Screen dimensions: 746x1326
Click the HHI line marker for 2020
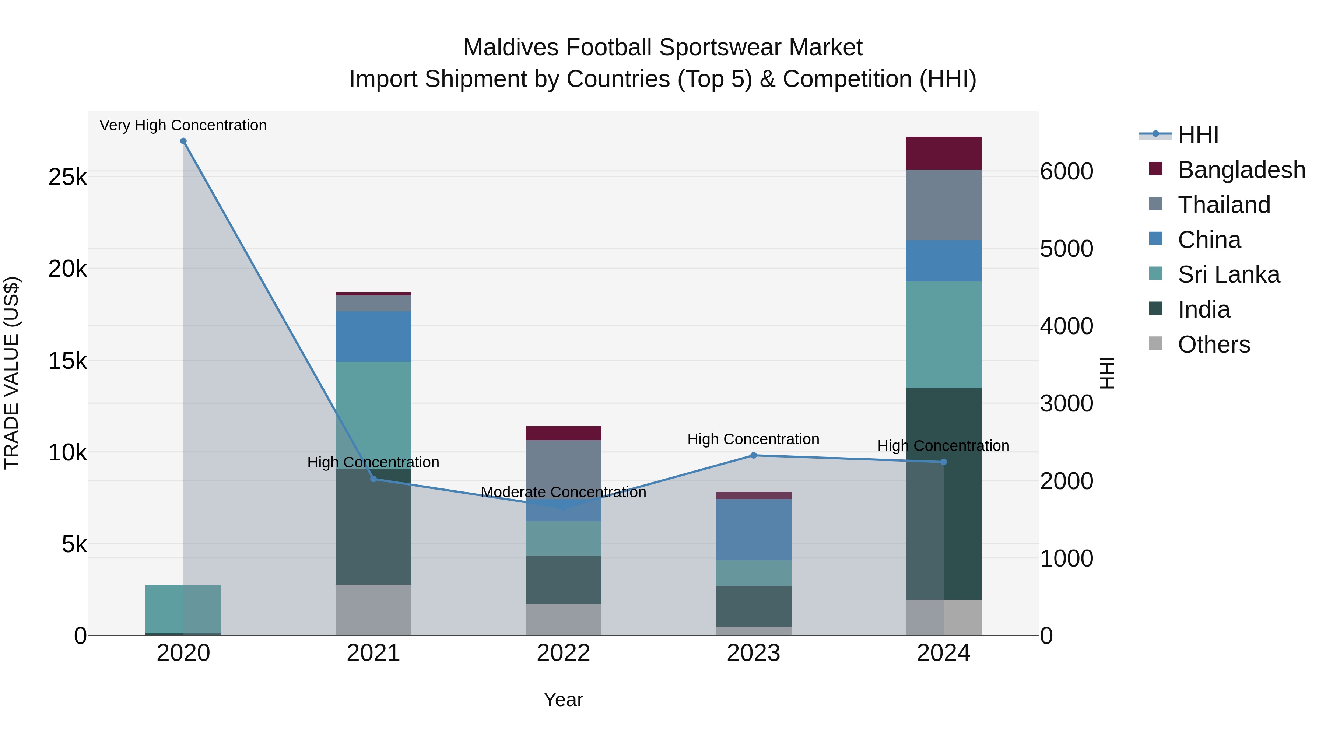point(183,141)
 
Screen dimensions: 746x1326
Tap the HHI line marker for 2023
point(753,455)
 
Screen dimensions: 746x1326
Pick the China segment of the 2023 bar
point(753,529)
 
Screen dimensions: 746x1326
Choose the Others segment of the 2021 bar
point(373,610)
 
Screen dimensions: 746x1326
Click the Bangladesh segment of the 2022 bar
point(563,433)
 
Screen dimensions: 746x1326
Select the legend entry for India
point(1203,309)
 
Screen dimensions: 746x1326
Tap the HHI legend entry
point(1197,135)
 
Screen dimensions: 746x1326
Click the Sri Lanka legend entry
point(1228,274)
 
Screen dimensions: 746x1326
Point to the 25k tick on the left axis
point(68,177)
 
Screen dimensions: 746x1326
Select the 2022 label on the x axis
point(563,653)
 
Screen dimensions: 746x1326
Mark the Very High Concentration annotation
point(183,125)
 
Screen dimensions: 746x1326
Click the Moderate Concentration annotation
point(563,492)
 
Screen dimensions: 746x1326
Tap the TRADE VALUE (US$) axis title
point(11,373)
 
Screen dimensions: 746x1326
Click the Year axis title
point(563,700)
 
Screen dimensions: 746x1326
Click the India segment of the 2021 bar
point(373,526)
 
